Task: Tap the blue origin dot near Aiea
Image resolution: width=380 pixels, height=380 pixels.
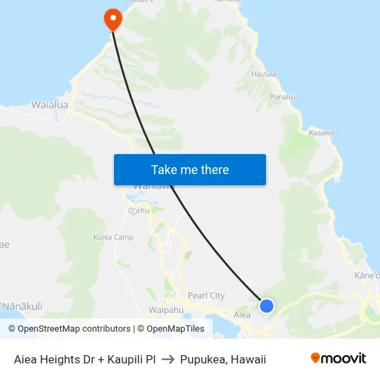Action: [x=267, y=305]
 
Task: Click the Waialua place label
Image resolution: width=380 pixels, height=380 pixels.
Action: [x=49, y=105]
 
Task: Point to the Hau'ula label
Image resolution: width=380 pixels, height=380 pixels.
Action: [x=264, y=74]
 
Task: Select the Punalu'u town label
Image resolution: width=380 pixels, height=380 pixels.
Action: [x=284, y=97]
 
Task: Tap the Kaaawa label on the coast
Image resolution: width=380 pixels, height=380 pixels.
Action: [x=322, y=132]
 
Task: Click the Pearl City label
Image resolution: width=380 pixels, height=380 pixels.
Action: [x=207, y=296]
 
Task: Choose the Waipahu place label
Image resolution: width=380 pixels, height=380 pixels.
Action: [x=166, y=310]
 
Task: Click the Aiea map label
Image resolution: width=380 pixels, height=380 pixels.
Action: [x=242, y=315]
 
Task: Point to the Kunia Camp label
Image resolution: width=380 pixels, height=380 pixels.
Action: [x=113, y=238]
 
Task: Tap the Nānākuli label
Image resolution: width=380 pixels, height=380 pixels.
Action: [x=22, y=306]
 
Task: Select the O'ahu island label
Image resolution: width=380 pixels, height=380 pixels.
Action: [x=138, y=211]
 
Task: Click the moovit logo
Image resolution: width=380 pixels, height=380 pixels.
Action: [x=339, y=358]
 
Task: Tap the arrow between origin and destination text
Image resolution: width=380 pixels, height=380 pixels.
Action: [x=168, y=359]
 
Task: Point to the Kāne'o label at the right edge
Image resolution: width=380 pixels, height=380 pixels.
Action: [x=368, y=276]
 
